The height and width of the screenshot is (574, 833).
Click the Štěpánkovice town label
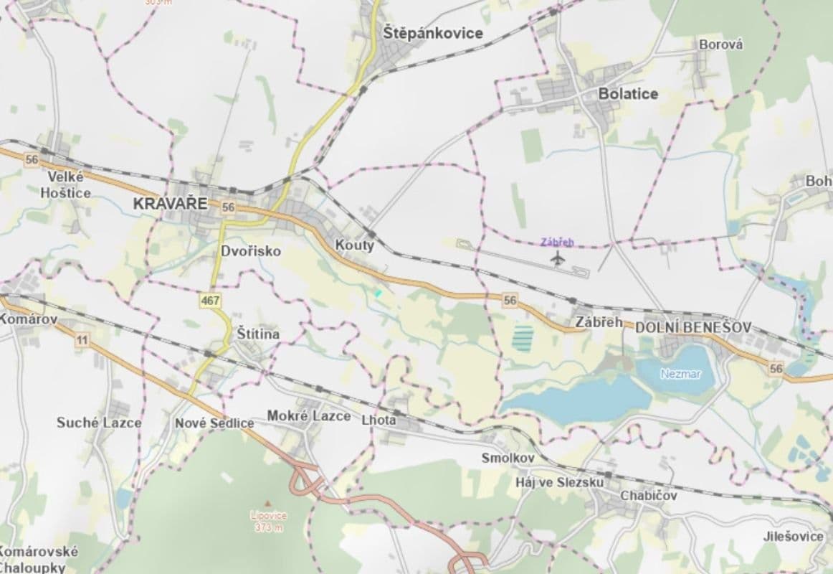tap(432, 33)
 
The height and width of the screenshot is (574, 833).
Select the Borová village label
tap(720, 44)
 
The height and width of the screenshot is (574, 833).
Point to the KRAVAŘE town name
tap(170, 204)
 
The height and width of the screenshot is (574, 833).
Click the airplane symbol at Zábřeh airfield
tap(558, 258)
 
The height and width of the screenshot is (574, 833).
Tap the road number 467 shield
tap(211, 301)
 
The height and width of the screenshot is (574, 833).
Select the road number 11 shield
tap(82, 339)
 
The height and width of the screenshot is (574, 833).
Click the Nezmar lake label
tap(680, 374)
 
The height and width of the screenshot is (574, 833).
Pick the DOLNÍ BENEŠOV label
tap(692, 327)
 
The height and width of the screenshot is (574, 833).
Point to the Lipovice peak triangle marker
tap(268, 503)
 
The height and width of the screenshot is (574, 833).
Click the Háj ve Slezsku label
tap(549, 482)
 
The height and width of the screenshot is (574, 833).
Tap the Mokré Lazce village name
tap(308, 416)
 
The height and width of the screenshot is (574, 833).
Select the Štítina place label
tap(258, 334)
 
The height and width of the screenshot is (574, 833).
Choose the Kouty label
tap(355, 245)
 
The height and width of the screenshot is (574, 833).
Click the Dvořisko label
tap(250, 251)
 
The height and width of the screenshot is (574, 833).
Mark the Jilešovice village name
tap(793, 536)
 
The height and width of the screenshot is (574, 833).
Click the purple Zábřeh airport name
tap(558, 243)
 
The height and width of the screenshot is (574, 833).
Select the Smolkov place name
tap(508, 457)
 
